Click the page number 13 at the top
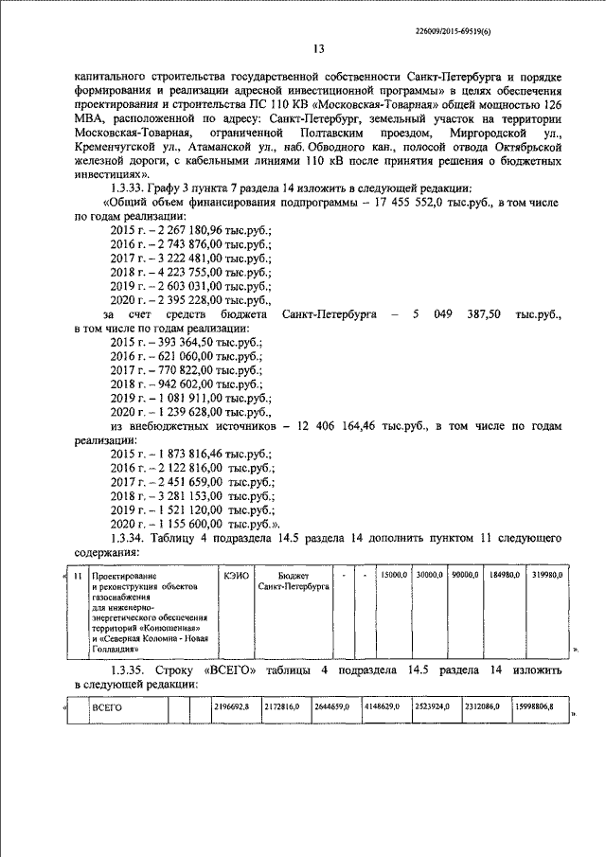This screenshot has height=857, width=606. (318, 49)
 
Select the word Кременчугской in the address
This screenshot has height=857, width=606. (115, 162)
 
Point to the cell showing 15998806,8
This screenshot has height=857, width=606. (534, 707)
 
